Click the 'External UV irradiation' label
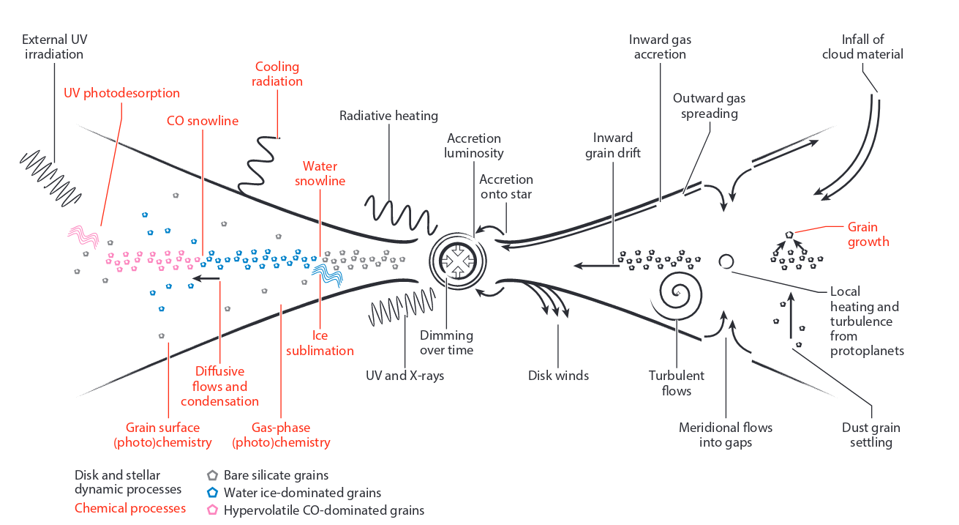point(54,47)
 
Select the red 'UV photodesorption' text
point(121,93)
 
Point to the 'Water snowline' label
point(320,174)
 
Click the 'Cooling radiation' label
point(277,74)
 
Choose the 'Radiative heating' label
point(388,116)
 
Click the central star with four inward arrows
point(457,261)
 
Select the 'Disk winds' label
point(558,376)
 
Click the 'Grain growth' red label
point(868,234)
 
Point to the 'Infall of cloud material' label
point(862,47)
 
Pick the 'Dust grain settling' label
point(871,435)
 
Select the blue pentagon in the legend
point(213,493)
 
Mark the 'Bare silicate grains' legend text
point(276,475)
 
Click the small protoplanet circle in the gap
point(726,261)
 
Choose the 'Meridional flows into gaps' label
point(725,435)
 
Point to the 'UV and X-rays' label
point(405,376)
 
